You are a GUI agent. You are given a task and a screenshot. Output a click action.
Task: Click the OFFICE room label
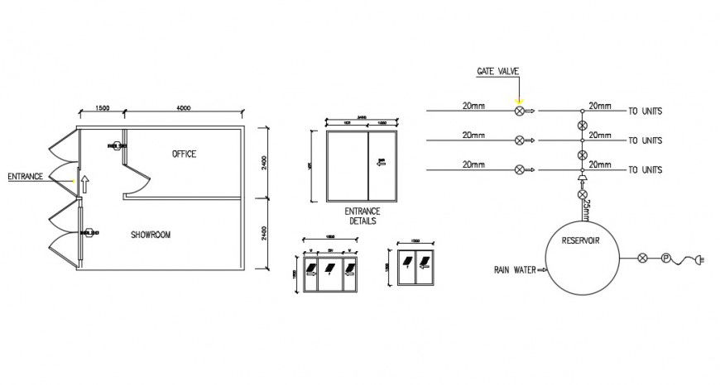point(185,154)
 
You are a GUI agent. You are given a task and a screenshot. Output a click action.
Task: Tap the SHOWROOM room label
point(151,235)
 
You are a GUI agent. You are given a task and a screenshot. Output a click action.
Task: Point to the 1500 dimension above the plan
point(103,108)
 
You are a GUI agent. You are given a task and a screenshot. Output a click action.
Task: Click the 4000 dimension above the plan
point(184,108)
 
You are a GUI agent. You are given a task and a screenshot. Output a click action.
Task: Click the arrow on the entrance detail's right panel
point(382,163)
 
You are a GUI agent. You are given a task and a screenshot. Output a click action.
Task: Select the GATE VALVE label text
point(497,72)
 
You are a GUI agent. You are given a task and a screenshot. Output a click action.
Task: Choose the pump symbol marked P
point(664,258)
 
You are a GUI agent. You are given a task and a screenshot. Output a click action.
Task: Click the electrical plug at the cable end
point(700,261)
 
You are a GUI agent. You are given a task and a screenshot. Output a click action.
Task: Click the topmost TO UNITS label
point(646,112)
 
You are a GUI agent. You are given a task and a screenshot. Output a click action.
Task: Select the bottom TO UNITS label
point(646,170)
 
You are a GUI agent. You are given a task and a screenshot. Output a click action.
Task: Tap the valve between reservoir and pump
point(642,258)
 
